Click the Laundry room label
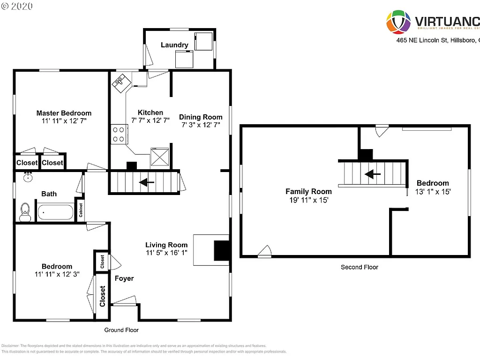tap(174, 45)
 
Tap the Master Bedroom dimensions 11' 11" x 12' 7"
tap(64, 120)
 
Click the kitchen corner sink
tap(119, 83)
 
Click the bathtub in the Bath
tap(56, 212)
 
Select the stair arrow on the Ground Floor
tap(147, 182)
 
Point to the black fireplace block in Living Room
tap(221, 250)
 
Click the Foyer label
tap(124, 278)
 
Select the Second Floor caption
tap(359, 267)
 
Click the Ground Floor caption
tap(121, 330)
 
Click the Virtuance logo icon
tap(398, 22)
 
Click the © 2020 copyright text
tap(17, 7)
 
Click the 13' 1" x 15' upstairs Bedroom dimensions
tap(433, 191)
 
